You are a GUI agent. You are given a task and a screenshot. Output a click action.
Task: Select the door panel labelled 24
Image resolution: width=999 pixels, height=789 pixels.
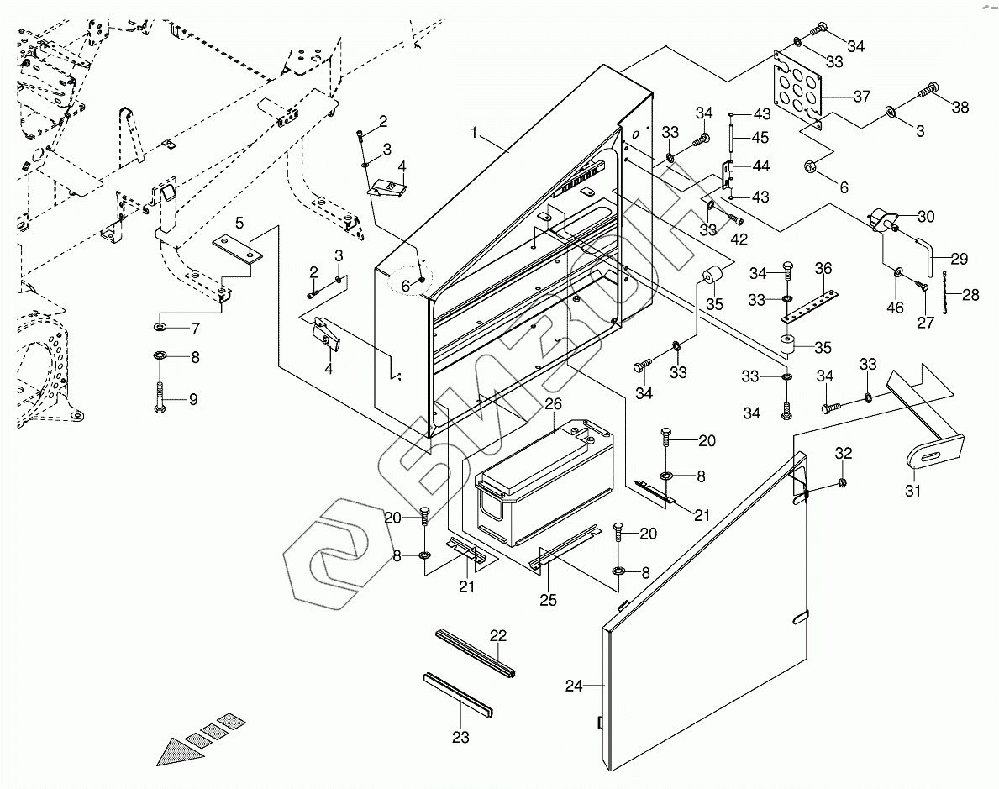click(x=704, y=612)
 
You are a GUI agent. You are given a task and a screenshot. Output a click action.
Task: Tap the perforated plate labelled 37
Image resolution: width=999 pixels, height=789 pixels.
click(x=797, y=90)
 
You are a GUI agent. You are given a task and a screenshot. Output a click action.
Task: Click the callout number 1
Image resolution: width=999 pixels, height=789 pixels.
click(x=474, y=133)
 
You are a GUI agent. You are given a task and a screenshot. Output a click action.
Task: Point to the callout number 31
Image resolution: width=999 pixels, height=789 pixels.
click(x=913, y=491)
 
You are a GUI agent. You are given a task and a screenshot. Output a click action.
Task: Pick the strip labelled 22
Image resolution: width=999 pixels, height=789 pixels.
click(x=476, y=653)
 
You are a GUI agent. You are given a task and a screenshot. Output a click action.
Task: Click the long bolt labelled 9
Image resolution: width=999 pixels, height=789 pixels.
click(x=160, y=397)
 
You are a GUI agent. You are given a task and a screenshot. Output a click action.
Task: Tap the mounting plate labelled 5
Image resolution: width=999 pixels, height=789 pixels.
click(x=238, y=249)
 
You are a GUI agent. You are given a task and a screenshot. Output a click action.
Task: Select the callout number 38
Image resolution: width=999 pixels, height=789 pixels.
click(x=960, y=107)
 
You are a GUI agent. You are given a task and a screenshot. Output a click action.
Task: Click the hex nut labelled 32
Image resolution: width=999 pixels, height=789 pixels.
click(x=842, y=482)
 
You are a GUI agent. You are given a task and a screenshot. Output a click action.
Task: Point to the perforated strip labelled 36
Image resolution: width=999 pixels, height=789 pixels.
click(x=808, y=308)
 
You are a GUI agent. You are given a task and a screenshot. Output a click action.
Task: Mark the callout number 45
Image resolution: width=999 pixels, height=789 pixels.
click(x=760, y=138)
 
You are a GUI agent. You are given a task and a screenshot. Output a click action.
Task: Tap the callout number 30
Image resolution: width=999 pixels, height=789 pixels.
click(x=926, y=217)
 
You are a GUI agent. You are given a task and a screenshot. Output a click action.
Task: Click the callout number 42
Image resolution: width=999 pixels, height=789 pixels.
click(x=739, y=239)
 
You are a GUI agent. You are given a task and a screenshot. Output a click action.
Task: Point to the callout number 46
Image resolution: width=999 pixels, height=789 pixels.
click(x=895, y=308)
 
